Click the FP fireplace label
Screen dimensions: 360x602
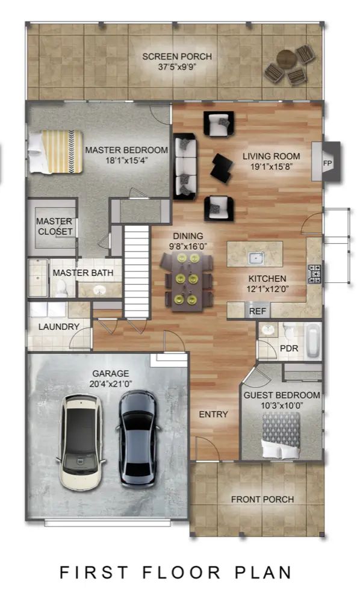(x=327, y=163)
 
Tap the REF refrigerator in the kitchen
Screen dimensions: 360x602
(x=257, y=311)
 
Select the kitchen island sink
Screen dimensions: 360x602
(x=256, y=257)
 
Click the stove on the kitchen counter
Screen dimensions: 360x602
(x=314, y=274)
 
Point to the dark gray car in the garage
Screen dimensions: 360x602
(x=137, y=439)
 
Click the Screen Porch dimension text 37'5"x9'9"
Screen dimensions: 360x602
(x=178, y=67)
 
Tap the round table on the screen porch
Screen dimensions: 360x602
(x=287, y=59)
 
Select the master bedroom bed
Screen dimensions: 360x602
(x=55, y=152)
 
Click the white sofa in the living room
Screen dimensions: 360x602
(x=185, y=167)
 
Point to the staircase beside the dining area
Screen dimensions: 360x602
(x=136, y=272)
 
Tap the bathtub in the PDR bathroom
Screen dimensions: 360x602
(x=313, y=341)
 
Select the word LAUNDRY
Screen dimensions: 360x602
(x=59, y=327)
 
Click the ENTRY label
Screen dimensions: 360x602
(x=213, y=414)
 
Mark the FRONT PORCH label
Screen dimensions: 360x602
(x=262, y=499)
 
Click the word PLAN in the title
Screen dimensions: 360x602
(x=263, y=573)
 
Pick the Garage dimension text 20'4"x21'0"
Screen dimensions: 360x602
(x=111, y=384)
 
